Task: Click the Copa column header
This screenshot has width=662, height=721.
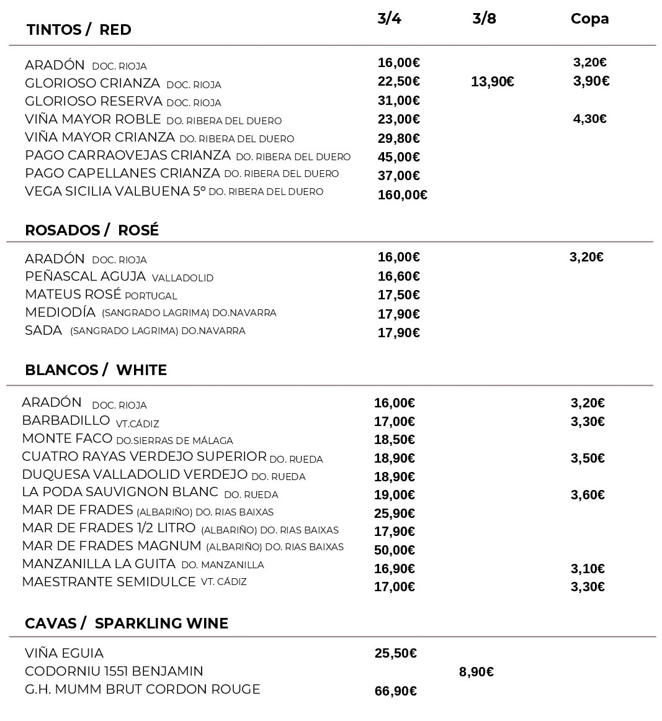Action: point(589,19)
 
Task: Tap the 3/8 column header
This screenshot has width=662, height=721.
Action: point(484,18)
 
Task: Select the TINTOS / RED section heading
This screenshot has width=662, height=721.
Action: point(79,30)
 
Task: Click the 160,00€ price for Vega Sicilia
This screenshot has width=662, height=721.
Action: point(402,195)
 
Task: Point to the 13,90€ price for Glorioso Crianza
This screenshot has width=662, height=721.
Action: point(492,82)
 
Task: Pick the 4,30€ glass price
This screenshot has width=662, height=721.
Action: point(589,119)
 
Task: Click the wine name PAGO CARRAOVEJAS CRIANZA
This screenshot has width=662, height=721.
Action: point(128,155)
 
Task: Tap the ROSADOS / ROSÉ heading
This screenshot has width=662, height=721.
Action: point(92,230)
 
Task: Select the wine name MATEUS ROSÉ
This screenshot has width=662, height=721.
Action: point(73,294)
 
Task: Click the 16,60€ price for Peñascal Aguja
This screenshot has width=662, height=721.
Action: point(398,276)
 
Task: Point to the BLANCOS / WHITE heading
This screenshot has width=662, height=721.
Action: point(96,370)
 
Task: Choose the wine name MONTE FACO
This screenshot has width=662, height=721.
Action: point(67,439)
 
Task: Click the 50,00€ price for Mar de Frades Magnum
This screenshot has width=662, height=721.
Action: point(395,550)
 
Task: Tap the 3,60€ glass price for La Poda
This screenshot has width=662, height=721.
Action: point(588,495)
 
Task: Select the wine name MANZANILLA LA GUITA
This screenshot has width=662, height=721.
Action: point(99,564)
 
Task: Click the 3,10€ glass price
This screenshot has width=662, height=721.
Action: point(588,569)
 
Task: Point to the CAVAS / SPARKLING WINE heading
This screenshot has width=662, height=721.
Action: point(127,624)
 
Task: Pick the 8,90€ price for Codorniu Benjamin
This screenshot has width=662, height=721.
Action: point(476,672)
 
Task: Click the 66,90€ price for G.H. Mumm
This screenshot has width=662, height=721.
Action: point(395,691)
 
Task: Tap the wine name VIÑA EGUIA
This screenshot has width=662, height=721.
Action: point(65,653)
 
